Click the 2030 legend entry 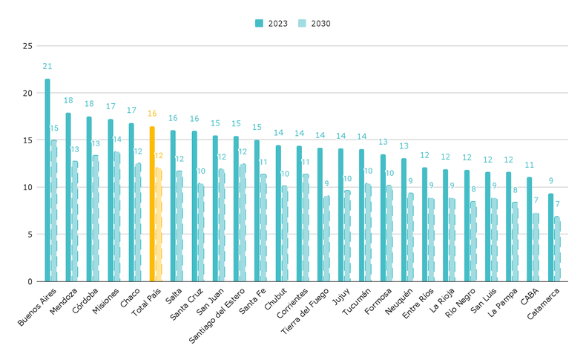[x=313, y=23]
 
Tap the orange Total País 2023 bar [x=152, y=204]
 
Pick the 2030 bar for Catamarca [x=557, y=249]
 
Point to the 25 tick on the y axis [x=27, y=46]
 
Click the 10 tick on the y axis [x=27, y=187]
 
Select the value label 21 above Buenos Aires [x=47, y=67]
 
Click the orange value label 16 [x=152, y=114]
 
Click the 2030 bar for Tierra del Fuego [x=326, y=238]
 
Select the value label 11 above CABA [x=530, y=165]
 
